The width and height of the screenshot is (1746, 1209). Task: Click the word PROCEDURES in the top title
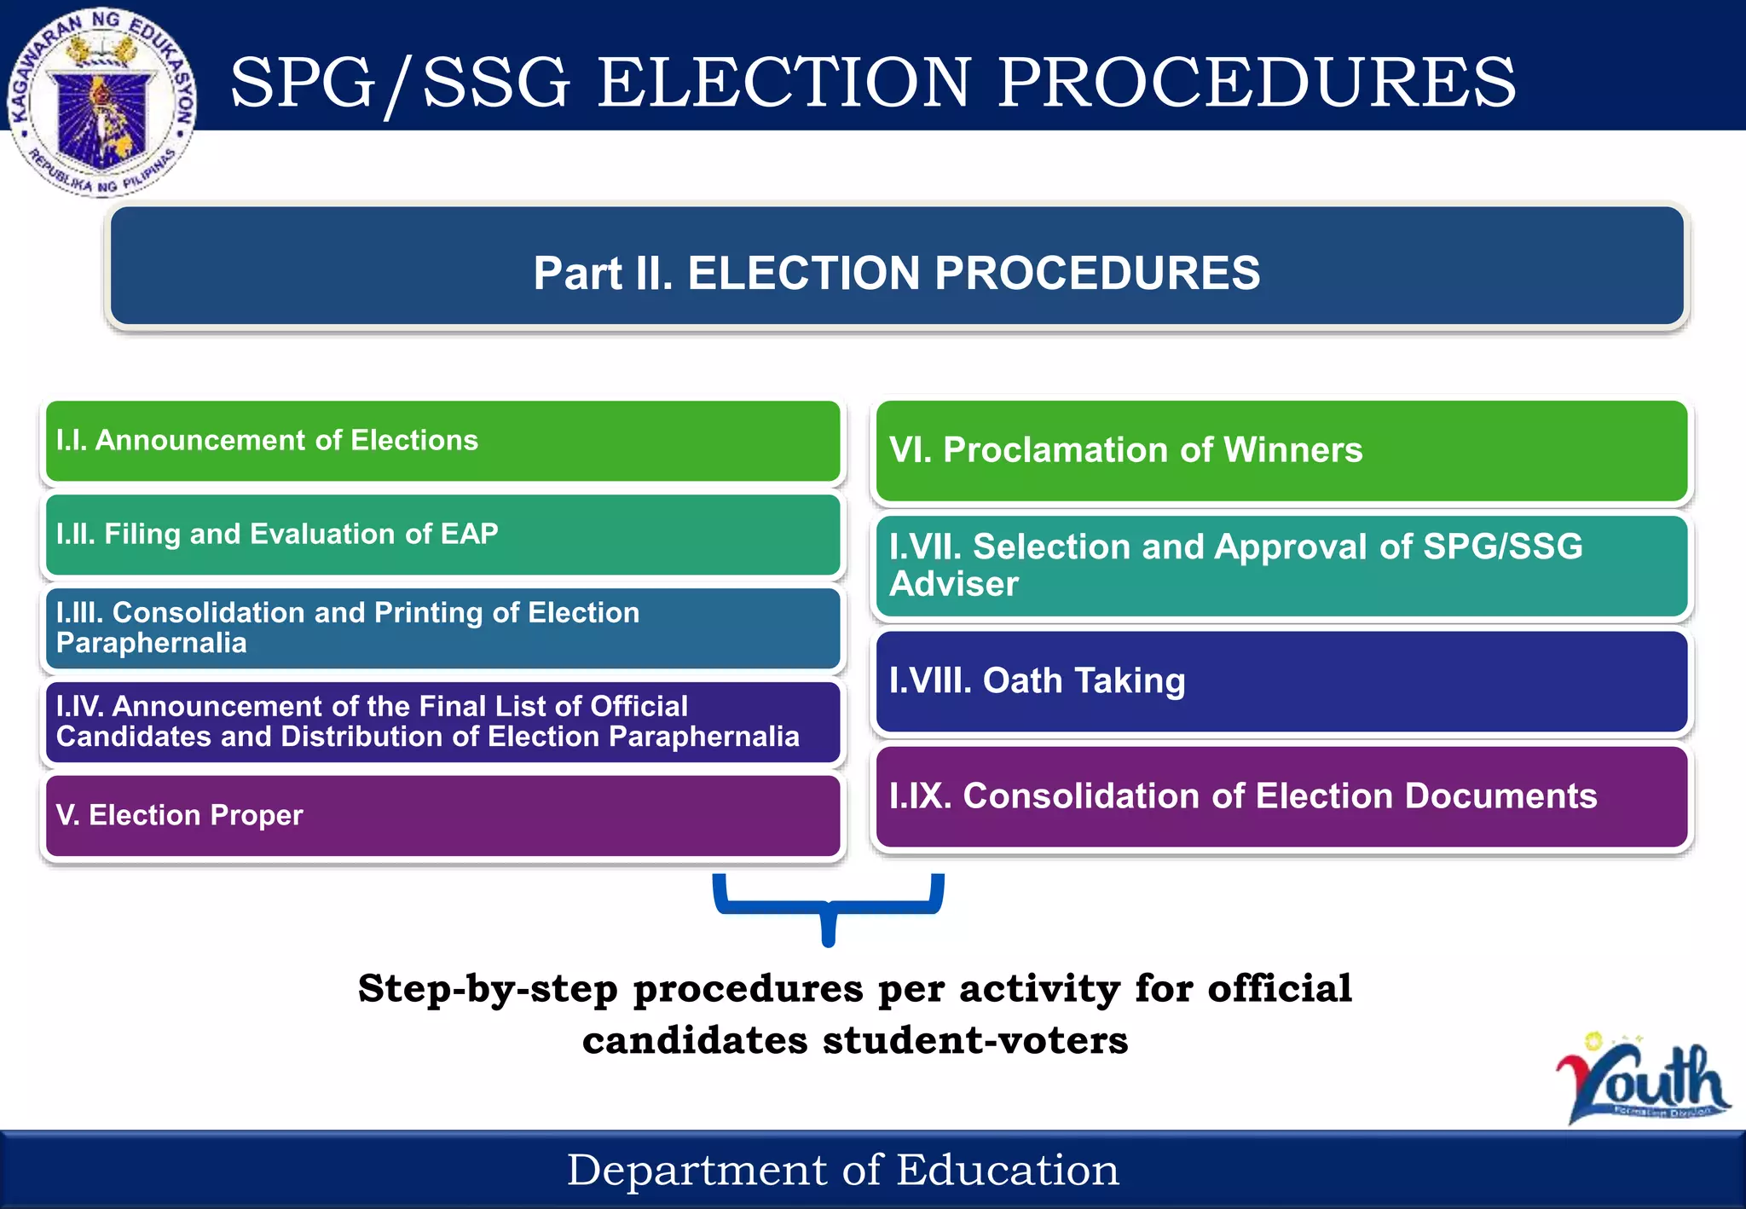click(1257, 82)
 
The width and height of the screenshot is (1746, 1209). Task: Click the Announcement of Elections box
click(442, 441)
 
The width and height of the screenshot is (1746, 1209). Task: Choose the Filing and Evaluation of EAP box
click(442, 535)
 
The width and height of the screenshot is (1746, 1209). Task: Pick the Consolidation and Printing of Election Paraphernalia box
click(442, 628)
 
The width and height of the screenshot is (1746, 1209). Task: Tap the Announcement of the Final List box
click(442, 722)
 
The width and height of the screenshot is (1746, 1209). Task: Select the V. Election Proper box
click(442, 816)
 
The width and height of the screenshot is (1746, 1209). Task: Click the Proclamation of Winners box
click(1281, 451)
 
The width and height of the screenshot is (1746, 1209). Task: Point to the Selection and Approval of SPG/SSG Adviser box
click(1281, 566)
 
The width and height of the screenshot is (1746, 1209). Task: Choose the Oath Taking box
click(1281, 681)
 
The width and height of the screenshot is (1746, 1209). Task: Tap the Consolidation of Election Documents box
click(1281, 796)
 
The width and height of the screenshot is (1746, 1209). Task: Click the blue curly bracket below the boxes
click(828, 905)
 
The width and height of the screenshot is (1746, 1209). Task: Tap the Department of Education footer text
click(842, 1170)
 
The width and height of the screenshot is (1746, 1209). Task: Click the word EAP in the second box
click(469, 534)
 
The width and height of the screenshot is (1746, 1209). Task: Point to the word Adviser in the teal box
click(953, 585)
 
